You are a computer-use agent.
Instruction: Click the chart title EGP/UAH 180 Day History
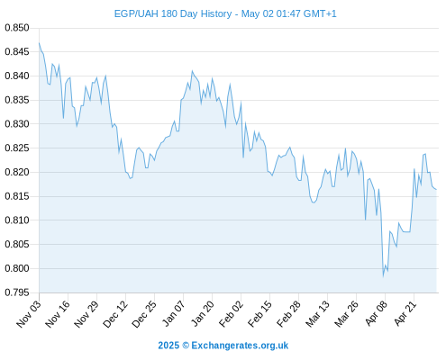pyautogui.click(x=173, y=13)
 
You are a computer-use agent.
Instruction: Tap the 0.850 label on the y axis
pyautogui.click(x=17, y=28)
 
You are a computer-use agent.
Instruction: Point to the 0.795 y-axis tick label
pyautogui.click(x=17, y=292)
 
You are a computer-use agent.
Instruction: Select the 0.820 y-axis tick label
pyautogui.click(x=17, y=172)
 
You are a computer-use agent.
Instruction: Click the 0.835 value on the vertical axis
pyautogui.click(x=17, y=100)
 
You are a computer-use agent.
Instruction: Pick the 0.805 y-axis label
pyautogui.click(x=17, y=244)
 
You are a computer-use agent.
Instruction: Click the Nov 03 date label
pyautogui.click(x=29, y=314)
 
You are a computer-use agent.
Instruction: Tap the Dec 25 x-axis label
pyautogui.click(x=144, y=314)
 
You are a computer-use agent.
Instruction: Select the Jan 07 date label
pyautogui.click(x=173, y=314)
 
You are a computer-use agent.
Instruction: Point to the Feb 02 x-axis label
pyautogui.click(x=231, y=314)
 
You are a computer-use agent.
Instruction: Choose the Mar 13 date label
pyautogui.click(x=317, y=314)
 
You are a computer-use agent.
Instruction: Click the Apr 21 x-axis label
pyautogui.click(x=405, y=313)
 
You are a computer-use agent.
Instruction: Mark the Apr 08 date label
pyautogui.click(x=376, y=313)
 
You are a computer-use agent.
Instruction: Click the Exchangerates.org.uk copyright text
pyautogui.click(x=223, y=346)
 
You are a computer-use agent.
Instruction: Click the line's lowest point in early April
pyautogui.click(x=383, y=276)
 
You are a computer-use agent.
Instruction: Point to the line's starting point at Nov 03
pyautogui.click(x=39, y=43)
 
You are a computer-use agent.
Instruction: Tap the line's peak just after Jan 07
pyautogui.click(x=192, y=71)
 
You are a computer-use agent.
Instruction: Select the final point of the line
pyautogui.click(x=436, y=189)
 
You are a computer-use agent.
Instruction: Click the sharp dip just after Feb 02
pyautogui.click(x=243, y=157)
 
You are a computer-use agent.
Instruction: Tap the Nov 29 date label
pyautogui.click(x=86, y=314)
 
